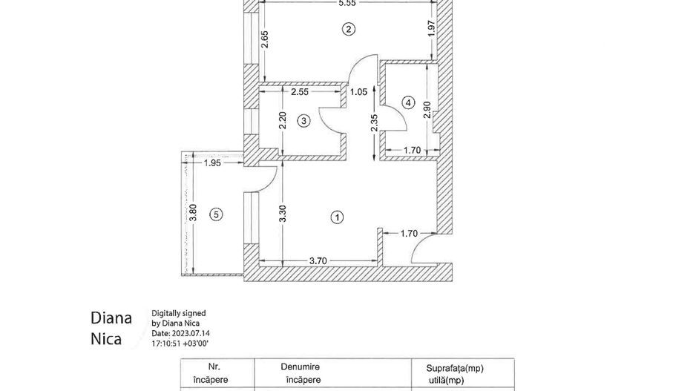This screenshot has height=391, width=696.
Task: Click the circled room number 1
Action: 338,217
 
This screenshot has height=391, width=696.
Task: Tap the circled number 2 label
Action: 347,30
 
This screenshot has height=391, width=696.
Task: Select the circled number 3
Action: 303,122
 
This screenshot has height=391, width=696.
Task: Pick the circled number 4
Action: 407,102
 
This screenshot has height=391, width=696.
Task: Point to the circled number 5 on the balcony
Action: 216,214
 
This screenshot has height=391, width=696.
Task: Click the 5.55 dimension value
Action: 347,4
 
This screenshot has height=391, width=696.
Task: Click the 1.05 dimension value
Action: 358,92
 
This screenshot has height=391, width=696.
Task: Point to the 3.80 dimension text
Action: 192,214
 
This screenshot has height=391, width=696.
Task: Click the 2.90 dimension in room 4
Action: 426,109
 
